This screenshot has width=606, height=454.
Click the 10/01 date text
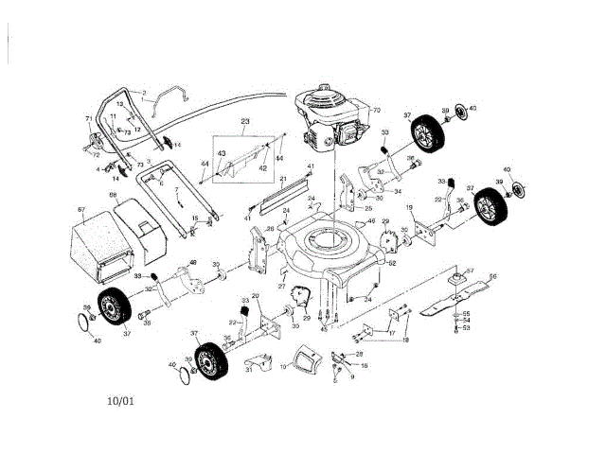click(x=121, y=400)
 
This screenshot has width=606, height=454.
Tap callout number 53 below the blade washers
click(x=466, y=327)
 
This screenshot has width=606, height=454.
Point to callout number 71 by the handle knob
click(x=89, y=119)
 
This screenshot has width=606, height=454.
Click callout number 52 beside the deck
click(x=392, y=264)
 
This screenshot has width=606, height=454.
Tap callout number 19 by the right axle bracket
click(x=409, y=207)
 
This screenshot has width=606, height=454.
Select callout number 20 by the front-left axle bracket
click(x=255, y=296)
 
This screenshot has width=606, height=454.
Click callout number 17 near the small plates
click(x=392, y=332)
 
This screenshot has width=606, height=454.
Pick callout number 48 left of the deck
click(x=193, y=262)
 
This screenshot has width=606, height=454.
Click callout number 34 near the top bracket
click(x=398, y=192)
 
